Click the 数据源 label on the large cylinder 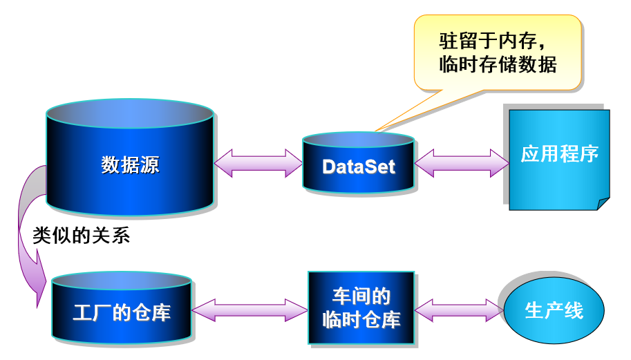point(130,165)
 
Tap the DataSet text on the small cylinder point(359,167)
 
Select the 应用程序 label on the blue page point(559,153)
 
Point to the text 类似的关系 point(82,236)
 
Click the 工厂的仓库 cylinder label point(122,312)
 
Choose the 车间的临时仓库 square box point(361,308)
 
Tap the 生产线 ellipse point(554,310)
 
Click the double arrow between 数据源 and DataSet point(258,163)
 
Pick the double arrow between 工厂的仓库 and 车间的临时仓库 point(249,310)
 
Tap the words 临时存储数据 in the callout point(498,65)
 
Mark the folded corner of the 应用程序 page point(603,203)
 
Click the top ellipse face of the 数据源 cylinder point(130,113)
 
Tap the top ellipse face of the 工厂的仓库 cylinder point(122,281)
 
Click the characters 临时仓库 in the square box point(361,320)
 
